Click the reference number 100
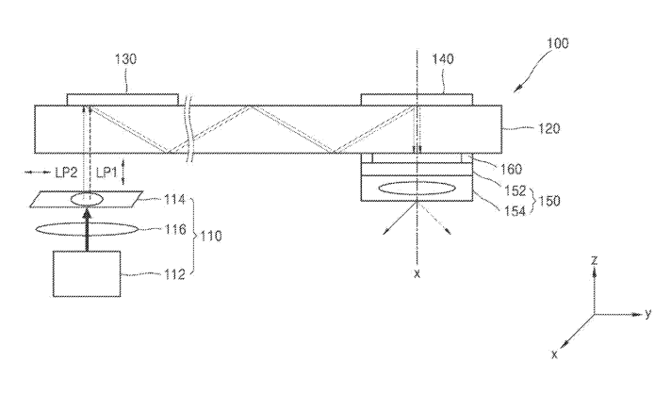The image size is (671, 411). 558,43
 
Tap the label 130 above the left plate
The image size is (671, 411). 125,59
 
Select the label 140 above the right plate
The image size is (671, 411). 443,59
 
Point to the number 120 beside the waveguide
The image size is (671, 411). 549,128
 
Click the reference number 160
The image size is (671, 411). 512,169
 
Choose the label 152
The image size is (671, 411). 516,190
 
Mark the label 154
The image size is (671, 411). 516,210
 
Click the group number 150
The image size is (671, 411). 549,201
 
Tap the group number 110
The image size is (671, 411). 211,236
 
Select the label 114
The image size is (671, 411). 175,200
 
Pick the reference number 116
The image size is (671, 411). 176,230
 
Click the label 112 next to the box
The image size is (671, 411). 175,274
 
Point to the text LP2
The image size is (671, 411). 66,173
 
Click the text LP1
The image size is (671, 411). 106,173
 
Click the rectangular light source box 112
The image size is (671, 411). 87,273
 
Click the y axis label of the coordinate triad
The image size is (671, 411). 647,314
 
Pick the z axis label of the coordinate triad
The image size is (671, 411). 594,259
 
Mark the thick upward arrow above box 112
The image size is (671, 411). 88,229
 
